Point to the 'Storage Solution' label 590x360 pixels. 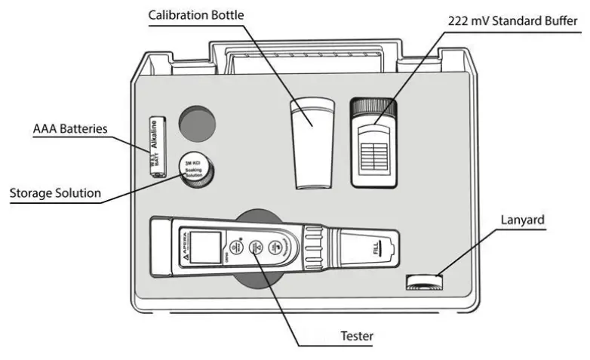tap(54, 193)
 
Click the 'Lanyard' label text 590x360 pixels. tap(522, 220)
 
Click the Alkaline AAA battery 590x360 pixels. tap(157, 146)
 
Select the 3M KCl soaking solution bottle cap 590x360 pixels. tap(195, 171)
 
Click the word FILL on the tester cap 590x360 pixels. tap(383, 247)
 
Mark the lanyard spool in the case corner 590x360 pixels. tap(423, 282)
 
